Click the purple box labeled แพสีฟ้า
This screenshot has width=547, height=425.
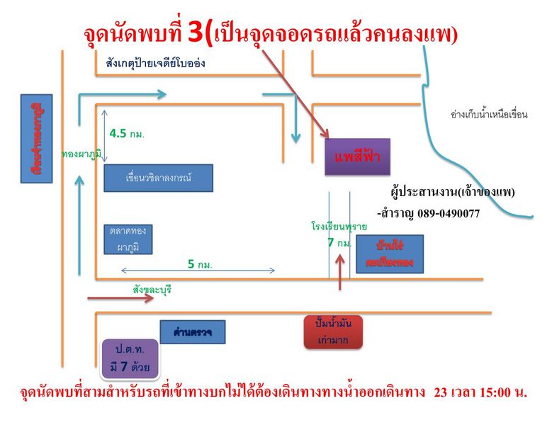357,156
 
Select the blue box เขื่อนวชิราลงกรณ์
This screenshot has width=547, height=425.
158,178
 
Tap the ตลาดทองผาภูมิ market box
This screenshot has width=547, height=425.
128,239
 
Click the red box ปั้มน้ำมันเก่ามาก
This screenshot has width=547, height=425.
332,331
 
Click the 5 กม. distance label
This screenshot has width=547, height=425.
200,264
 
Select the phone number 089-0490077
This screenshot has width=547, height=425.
447,212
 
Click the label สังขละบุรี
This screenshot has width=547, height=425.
152,289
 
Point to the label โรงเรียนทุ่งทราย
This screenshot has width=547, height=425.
339,227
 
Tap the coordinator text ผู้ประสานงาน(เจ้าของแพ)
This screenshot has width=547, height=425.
452,192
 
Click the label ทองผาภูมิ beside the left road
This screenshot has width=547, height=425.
81,154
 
